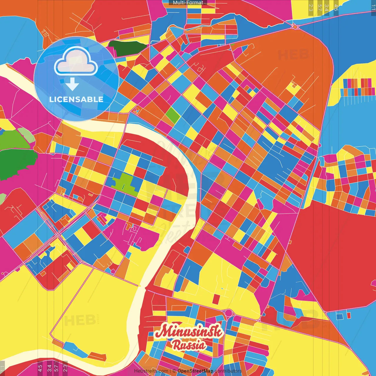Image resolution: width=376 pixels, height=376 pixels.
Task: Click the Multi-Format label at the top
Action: click(188, 3)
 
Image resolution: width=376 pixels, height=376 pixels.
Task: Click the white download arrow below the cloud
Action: click(72, 84)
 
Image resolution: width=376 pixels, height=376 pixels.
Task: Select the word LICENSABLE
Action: click(76, 99)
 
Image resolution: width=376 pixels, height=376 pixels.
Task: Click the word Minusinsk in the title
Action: click(189, 332)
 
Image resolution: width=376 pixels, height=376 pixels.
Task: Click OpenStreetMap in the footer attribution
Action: click(195, 371)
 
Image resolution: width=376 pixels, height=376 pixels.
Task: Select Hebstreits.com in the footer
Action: click(151, 371)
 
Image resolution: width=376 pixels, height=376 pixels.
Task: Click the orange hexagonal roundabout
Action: click(295, 26)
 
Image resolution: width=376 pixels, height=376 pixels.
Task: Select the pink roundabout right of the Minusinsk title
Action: click(229, 313)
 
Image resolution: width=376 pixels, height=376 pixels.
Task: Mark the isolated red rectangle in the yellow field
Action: click(216, 299)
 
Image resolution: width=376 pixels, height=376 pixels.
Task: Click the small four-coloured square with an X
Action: click(136, 111)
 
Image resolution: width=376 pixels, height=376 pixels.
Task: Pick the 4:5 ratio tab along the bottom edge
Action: click(40, 367)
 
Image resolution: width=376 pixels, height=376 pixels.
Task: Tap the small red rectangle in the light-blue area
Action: click(349, 315)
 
